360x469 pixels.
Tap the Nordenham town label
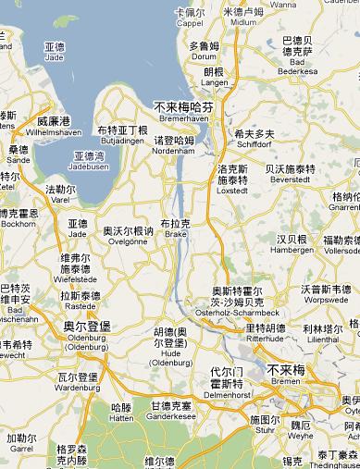173,145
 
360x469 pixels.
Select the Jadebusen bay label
90,160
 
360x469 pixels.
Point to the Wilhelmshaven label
53,126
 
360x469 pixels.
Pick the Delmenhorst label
226,385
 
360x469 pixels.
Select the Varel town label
61,194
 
